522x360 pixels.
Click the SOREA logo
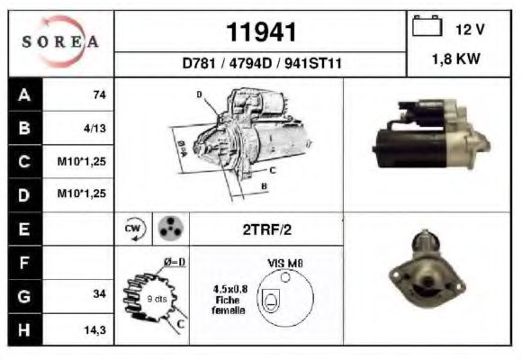click(60, 41)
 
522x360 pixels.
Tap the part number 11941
click(261, 32)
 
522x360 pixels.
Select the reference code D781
click(199, 63)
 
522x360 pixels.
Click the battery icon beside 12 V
click(427, 26)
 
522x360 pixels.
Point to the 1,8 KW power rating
click(455, 58)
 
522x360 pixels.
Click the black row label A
click(25, 94)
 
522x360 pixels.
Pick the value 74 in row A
click(100, 94)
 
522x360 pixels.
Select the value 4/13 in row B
click(94, 128)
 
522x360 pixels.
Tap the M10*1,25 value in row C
click(82, 161)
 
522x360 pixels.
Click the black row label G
click(25, 296)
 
